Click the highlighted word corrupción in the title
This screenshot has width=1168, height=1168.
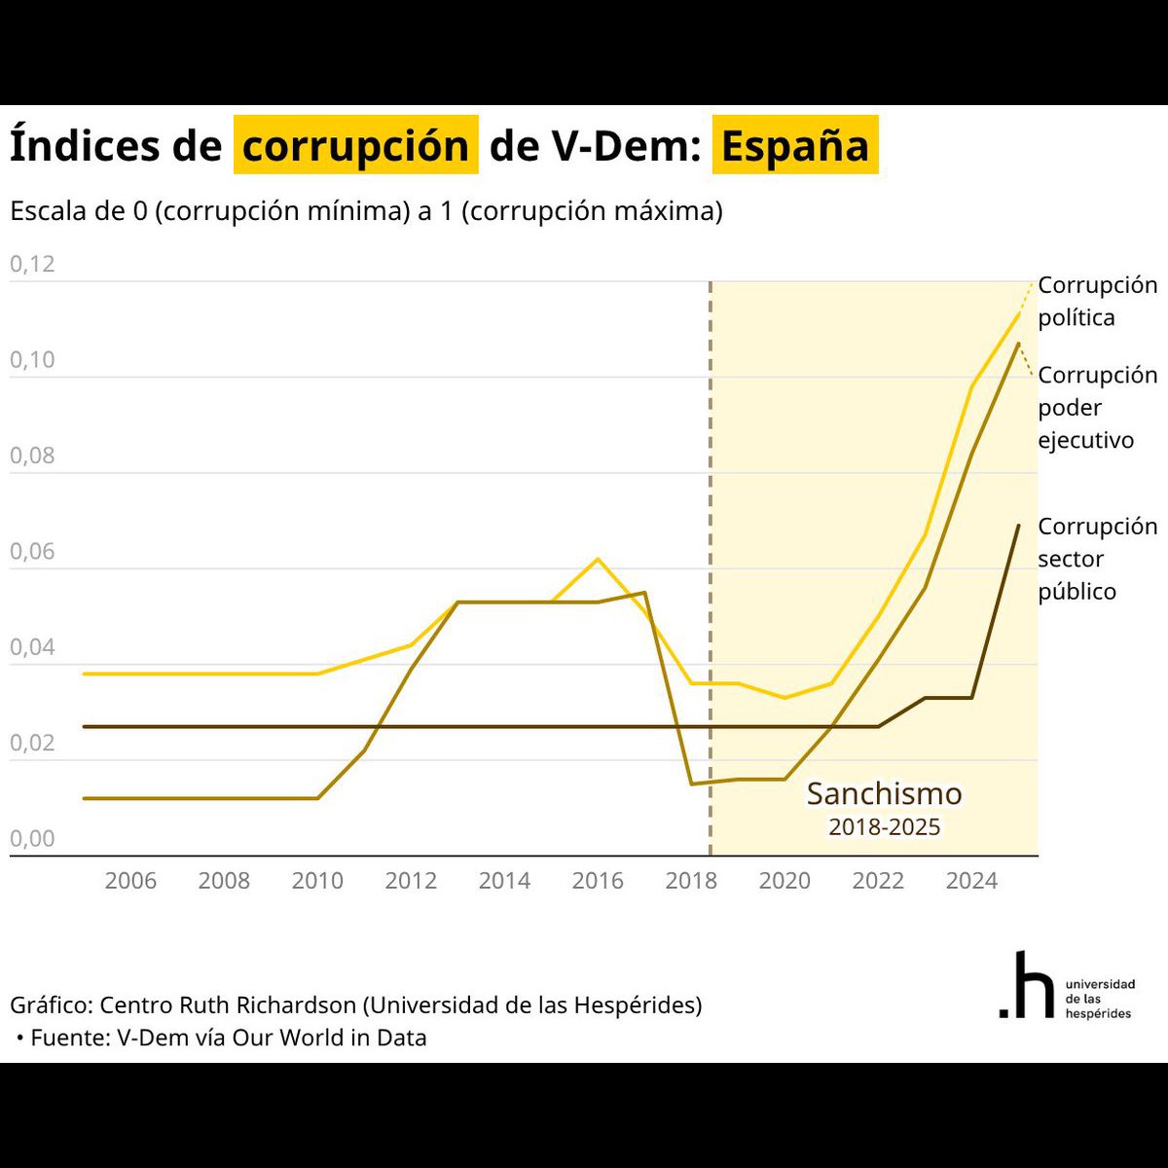click(356, 145)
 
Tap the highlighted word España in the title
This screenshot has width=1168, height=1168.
click(794, 145)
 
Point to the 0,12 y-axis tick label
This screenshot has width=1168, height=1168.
click(32, 264)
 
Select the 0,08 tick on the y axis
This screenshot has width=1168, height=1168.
click(32, 456)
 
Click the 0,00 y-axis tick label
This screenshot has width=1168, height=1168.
click(32, 838)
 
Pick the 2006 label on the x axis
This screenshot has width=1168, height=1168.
click(130, 881)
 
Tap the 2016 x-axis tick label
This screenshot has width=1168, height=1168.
click(598, 881)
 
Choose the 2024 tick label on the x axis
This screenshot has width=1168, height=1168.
click(971, 881)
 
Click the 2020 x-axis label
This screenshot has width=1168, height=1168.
click(785, 881)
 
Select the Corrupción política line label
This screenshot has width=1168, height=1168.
click(1097, 301)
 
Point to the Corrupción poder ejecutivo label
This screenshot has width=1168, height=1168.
click(1097, 407)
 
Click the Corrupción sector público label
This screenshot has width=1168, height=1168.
click(1097, 559)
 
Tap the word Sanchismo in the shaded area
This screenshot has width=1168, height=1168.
click(885, 793)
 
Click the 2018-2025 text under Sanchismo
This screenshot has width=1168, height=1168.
click(885, 826)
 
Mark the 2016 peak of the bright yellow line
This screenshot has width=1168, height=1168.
click(598, 559)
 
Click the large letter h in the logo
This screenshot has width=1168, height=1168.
click(1034, 984)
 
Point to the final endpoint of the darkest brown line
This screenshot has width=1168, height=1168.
click(1018, 526)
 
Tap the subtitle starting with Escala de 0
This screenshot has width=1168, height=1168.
click(366, 211)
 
